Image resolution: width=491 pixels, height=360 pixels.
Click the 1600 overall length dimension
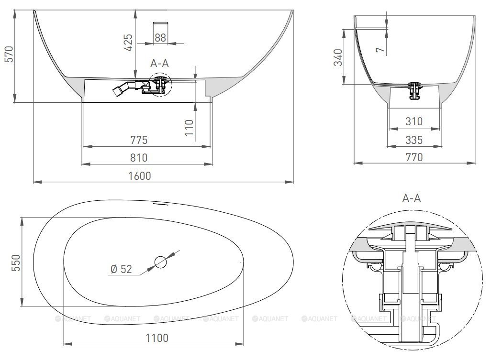pyautogui.click(x=140, y=176)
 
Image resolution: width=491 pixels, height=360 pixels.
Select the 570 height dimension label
pyautogui.click(x=10, y=54)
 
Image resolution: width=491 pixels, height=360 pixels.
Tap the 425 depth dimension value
pyautogui.click(x=128, y=43)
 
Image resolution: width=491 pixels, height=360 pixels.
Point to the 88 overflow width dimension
pyautogui.click(x=160, y=38)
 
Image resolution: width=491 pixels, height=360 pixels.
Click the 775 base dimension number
pyautogui.click(x=139, y=140)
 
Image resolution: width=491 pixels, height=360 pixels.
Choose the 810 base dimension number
pyautogui.click(x=139, y=158)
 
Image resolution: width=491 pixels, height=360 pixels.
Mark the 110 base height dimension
pyautogui.click(x=189, y=127)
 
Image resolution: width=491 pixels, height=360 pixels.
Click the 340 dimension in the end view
pyautogui.click(x=338, y=57)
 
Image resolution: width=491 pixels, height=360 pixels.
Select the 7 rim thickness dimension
pyautogui.click(x=380, y=49)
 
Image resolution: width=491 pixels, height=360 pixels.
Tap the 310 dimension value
pyautogui.click(x=414, y=121)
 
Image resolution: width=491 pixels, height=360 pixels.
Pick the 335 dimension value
pyautogui.click(x=414, y=140)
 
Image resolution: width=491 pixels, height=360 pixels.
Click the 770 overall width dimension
pyautogui.click(x=414, y=157)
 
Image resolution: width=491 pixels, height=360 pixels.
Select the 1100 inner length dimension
pyautogui.click(x=157, y=338)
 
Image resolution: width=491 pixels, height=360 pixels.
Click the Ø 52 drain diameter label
pyautogui.click(x=122, y=269)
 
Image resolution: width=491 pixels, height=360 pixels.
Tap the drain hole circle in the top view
pyautogui.click(x=161, y=262)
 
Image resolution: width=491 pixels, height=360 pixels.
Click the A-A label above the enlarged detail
pyautogui.click(x=412, y=198)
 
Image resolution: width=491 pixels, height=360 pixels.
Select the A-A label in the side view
pyautogui.click(x=159, y=63)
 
